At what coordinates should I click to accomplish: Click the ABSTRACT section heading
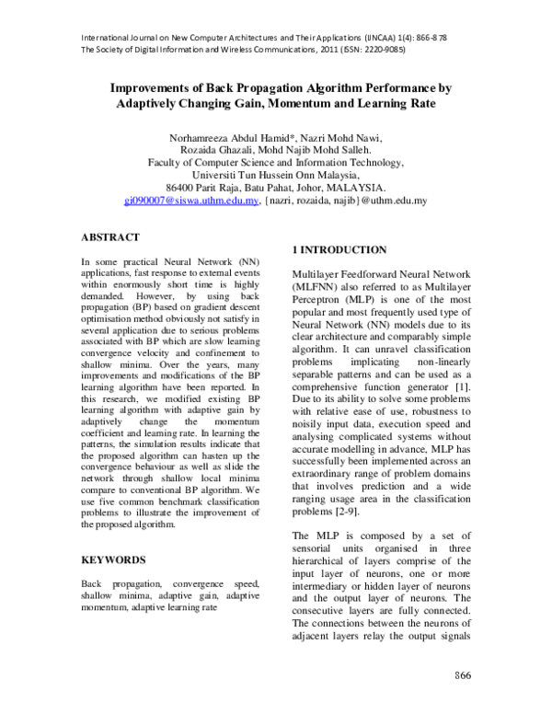[x=110, y=236]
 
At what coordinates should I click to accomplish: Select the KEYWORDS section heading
[x=114, y=559]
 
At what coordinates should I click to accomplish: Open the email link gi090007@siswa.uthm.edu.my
[x=191, y=198]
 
